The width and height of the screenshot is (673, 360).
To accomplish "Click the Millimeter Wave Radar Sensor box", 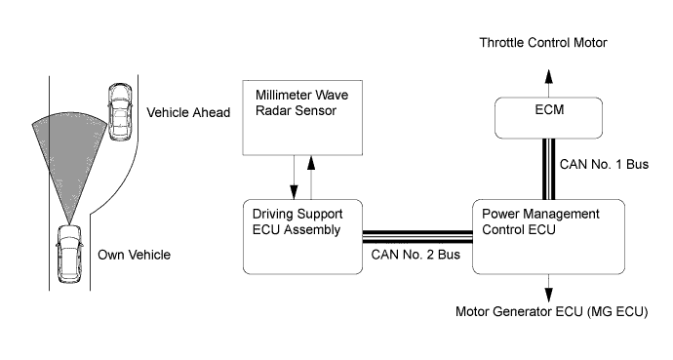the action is pos(302,118).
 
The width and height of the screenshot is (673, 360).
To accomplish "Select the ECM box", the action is pos(548,118).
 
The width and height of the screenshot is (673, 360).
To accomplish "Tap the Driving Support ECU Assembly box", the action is pos(302,236).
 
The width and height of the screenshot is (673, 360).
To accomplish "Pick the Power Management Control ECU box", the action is pos(548,236).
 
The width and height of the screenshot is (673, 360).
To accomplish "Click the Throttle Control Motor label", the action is pos(543,43).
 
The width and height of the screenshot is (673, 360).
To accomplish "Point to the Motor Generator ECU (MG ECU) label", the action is pos(551,311).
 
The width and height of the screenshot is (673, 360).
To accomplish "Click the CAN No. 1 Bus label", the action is pos(604,164).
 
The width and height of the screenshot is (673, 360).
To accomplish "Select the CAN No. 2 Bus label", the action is pos(416,255).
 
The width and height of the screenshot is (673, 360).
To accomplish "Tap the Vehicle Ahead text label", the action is pos(188,112).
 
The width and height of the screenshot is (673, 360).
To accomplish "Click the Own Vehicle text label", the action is pos(135,255).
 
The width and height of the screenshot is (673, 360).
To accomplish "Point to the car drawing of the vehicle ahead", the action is pos(120,111).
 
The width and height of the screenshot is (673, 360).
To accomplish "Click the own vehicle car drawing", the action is pos(69,254).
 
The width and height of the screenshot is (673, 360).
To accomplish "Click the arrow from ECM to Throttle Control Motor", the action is pos(548,84).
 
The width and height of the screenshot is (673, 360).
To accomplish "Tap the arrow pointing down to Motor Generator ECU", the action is pos(548,289).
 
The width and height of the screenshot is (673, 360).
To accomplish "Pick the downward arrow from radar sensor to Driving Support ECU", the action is pos(294,178).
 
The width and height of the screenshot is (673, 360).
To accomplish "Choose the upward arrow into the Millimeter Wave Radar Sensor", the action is pos(311,178).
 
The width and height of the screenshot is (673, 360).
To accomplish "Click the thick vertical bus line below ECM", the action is pos(548,169).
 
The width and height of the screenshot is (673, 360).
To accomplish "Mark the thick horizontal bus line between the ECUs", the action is pos(417,236).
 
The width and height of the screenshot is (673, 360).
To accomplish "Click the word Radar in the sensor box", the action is pos(271,110).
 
